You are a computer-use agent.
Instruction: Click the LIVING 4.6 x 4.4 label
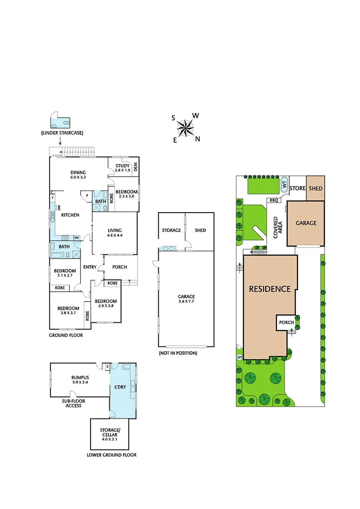(115, 232)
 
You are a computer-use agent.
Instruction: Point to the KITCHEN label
(70, 215)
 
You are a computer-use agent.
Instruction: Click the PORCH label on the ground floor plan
(119, 267)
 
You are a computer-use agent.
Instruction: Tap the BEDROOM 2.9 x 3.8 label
(106, 304)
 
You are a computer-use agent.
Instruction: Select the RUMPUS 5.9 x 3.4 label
(80, 379)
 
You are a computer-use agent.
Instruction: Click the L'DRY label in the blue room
(121, 387)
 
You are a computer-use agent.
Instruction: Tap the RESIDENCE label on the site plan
(270, 289)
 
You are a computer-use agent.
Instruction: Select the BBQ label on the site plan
(274, 200)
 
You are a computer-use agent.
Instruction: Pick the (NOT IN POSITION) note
(178, 353)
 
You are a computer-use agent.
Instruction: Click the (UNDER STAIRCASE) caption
(62, 133)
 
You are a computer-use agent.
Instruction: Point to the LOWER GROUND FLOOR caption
(112, 455)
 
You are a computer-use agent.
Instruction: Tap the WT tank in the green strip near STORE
(284, 184)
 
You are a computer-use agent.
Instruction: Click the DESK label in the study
(135, 166)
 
